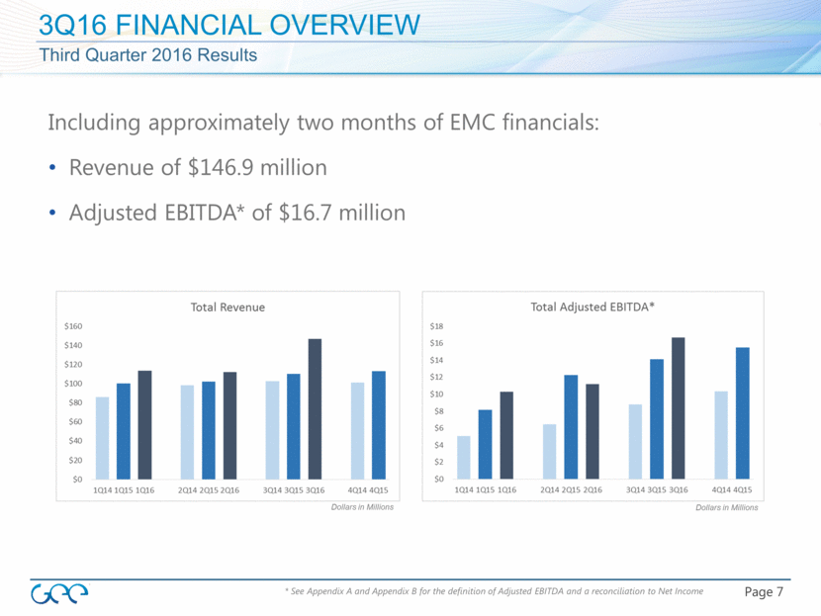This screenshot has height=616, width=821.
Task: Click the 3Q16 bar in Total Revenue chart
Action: coord(315,409)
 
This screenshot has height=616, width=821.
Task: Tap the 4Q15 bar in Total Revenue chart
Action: coord(378,425)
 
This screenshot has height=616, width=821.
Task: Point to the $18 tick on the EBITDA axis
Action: coord(437,326)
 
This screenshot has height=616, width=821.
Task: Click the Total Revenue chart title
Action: coord(228,308)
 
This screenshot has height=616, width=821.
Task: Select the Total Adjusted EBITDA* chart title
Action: coord(593,308)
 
